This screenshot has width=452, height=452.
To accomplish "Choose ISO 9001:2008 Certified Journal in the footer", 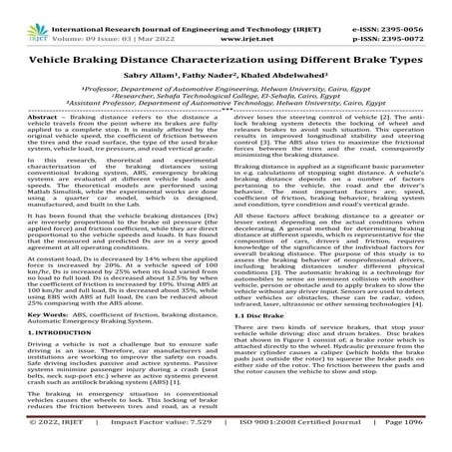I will point(299,437).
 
